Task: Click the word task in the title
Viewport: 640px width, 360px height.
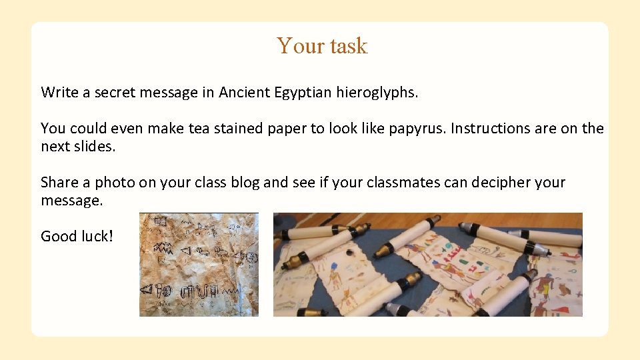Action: (x=347, y=46)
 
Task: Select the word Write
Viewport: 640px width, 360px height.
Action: (x=60, y=92)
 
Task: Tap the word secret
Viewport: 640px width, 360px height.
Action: (x=115, y=92)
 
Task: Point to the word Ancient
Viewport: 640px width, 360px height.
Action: (x=244, y=92)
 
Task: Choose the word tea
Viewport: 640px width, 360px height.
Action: (x=199, y=128)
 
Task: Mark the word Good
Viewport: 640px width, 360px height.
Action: (x=57, y=236)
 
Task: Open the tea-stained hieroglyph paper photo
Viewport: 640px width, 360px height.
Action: (x=199, y=264)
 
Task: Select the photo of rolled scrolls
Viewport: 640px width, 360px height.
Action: (x=427, y=264)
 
